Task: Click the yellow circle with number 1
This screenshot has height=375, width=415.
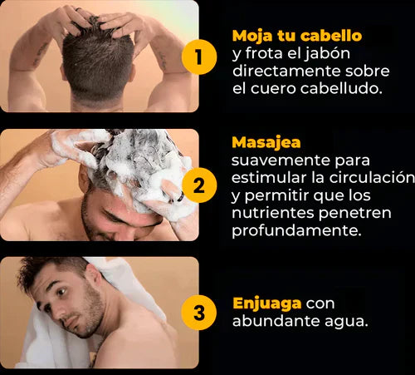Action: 199,57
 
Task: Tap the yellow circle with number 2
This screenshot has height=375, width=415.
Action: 199,185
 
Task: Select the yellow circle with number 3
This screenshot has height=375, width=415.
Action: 199,313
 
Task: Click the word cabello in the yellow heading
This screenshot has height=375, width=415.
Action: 331,36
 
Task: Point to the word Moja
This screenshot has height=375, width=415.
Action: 252,37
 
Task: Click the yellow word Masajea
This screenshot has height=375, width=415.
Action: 266,143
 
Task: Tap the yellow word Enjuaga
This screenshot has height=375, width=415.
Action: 267,304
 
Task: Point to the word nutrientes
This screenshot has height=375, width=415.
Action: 274,213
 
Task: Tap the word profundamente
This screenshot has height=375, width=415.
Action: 296,231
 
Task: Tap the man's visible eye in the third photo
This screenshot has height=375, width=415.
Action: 61,292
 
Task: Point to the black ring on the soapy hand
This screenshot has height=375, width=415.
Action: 181,196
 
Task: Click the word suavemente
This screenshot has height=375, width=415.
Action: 281,160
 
